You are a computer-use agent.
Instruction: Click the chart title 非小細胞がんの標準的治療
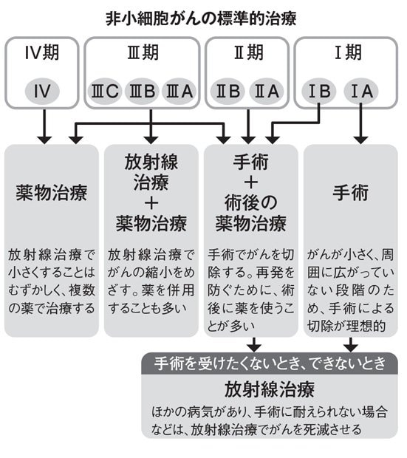(201, 19)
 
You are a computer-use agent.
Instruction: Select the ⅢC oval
(105, 91)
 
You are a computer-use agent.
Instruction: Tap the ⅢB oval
(142, 91)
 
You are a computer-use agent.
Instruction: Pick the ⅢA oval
(179, 91)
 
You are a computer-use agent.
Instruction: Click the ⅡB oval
(228, 91)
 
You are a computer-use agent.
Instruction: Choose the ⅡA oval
(267, 91)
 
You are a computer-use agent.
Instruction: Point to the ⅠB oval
(319, 91)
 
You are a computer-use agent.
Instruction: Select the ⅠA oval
(361, 91)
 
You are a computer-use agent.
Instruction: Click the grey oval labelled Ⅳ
(42, 91)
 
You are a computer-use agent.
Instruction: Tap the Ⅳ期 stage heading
(42, 53)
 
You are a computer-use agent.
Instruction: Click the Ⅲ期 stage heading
(143, 53)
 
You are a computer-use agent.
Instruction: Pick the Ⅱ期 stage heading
(248, 53)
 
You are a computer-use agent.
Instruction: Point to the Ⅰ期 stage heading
(348, 53)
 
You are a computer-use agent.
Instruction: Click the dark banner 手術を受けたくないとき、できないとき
(270, 363)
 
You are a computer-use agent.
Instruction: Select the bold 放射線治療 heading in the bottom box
(270, 389)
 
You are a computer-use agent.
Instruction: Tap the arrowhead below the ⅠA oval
(361, 140)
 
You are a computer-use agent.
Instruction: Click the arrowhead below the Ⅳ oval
(44, 140)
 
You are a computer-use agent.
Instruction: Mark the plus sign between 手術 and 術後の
(250, 182)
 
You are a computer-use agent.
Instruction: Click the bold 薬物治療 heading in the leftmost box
(52, 193)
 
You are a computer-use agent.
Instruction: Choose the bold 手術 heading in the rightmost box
(350, 193)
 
